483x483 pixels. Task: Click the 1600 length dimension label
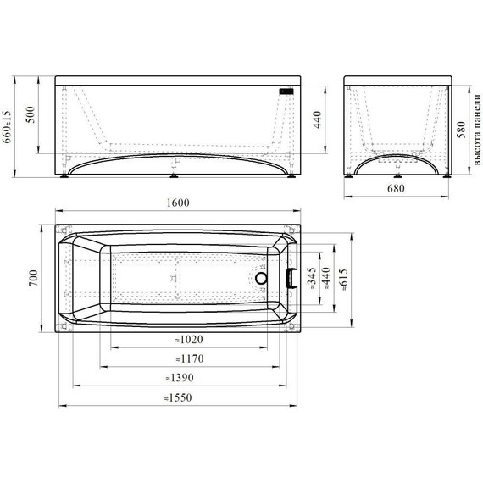pos(178,203)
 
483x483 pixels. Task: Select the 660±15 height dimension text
pos(7,127)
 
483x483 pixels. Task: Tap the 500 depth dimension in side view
pos(31,114)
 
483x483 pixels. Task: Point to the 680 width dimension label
pos(396,188)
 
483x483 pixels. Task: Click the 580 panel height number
pos(461,130)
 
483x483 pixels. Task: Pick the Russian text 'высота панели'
pos(477,130)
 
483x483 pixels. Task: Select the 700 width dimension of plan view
pos(33,278)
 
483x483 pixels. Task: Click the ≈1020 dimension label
pos(189,340)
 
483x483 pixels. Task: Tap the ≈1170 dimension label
pos(190,359)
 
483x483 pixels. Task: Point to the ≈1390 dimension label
pos(180,378)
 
